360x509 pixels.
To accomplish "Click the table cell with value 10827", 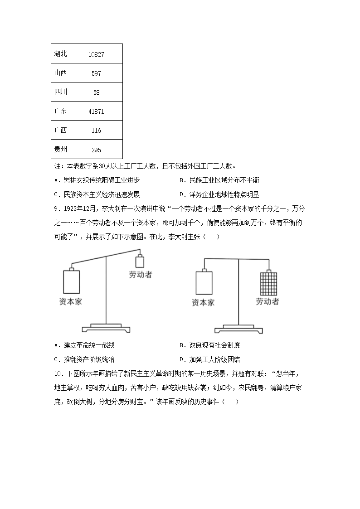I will coord(96,54).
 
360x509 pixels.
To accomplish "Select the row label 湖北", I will coord(60,54).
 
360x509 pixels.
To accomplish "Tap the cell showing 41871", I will coord(96,111).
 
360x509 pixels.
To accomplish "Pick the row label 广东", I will coord(60,111).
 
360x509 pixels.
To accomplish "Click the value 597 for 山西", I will coord(96,73).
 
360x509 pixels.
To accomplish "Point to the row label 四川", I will coord(60,92).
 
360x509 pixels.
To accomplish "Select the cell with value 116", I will coord(96,131).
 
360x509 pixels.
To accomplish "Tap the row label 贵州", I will coord(60,149).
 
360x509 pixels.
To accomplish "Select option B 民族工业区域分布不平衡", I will coord(219,180).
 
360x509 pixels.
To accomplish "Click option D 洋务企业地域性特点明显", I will coord(219,194).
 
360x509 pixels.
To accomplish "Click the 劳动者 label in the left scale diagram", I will coord(141,274).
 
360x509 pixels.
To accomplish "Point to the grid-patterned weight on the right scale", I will coord(267,284).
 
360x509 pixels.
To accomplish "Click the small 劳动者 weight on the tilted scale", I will coord(140,262).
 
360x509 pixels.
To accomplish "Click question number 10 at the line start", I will coord(57,374).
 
